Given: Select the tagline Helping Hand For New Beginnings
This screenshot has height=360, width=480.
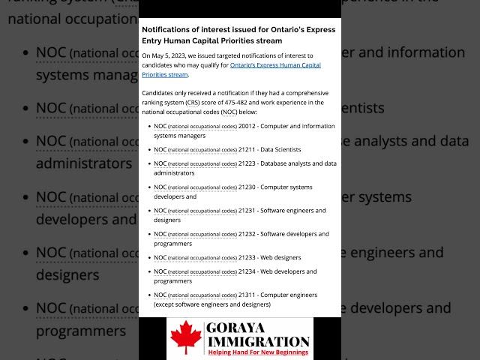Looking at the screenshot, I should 259,352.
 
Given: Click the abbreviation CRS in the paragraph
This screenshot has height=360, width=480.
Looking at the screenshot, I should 193,102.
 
